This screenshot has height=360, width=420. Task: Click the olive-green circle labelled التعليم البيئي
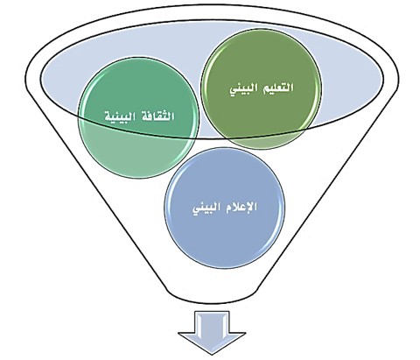point(262,89)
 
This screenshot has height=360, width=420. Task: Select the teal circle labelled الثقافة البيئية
point(139,117)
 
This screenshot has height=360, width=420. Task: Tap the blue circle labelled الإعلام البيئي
point(225,208)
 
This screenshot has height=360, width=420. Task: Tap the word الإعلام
point(241,207)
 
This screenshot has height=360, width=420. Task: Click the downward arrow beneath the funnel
point(212,333)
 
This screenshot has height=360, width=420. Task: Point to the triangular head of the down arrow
point(212,342)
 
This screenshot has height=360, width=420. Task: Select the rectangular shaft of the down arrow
point(212,321)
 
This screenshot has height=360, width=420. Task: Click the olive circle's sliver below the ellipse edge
point(262,142)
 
